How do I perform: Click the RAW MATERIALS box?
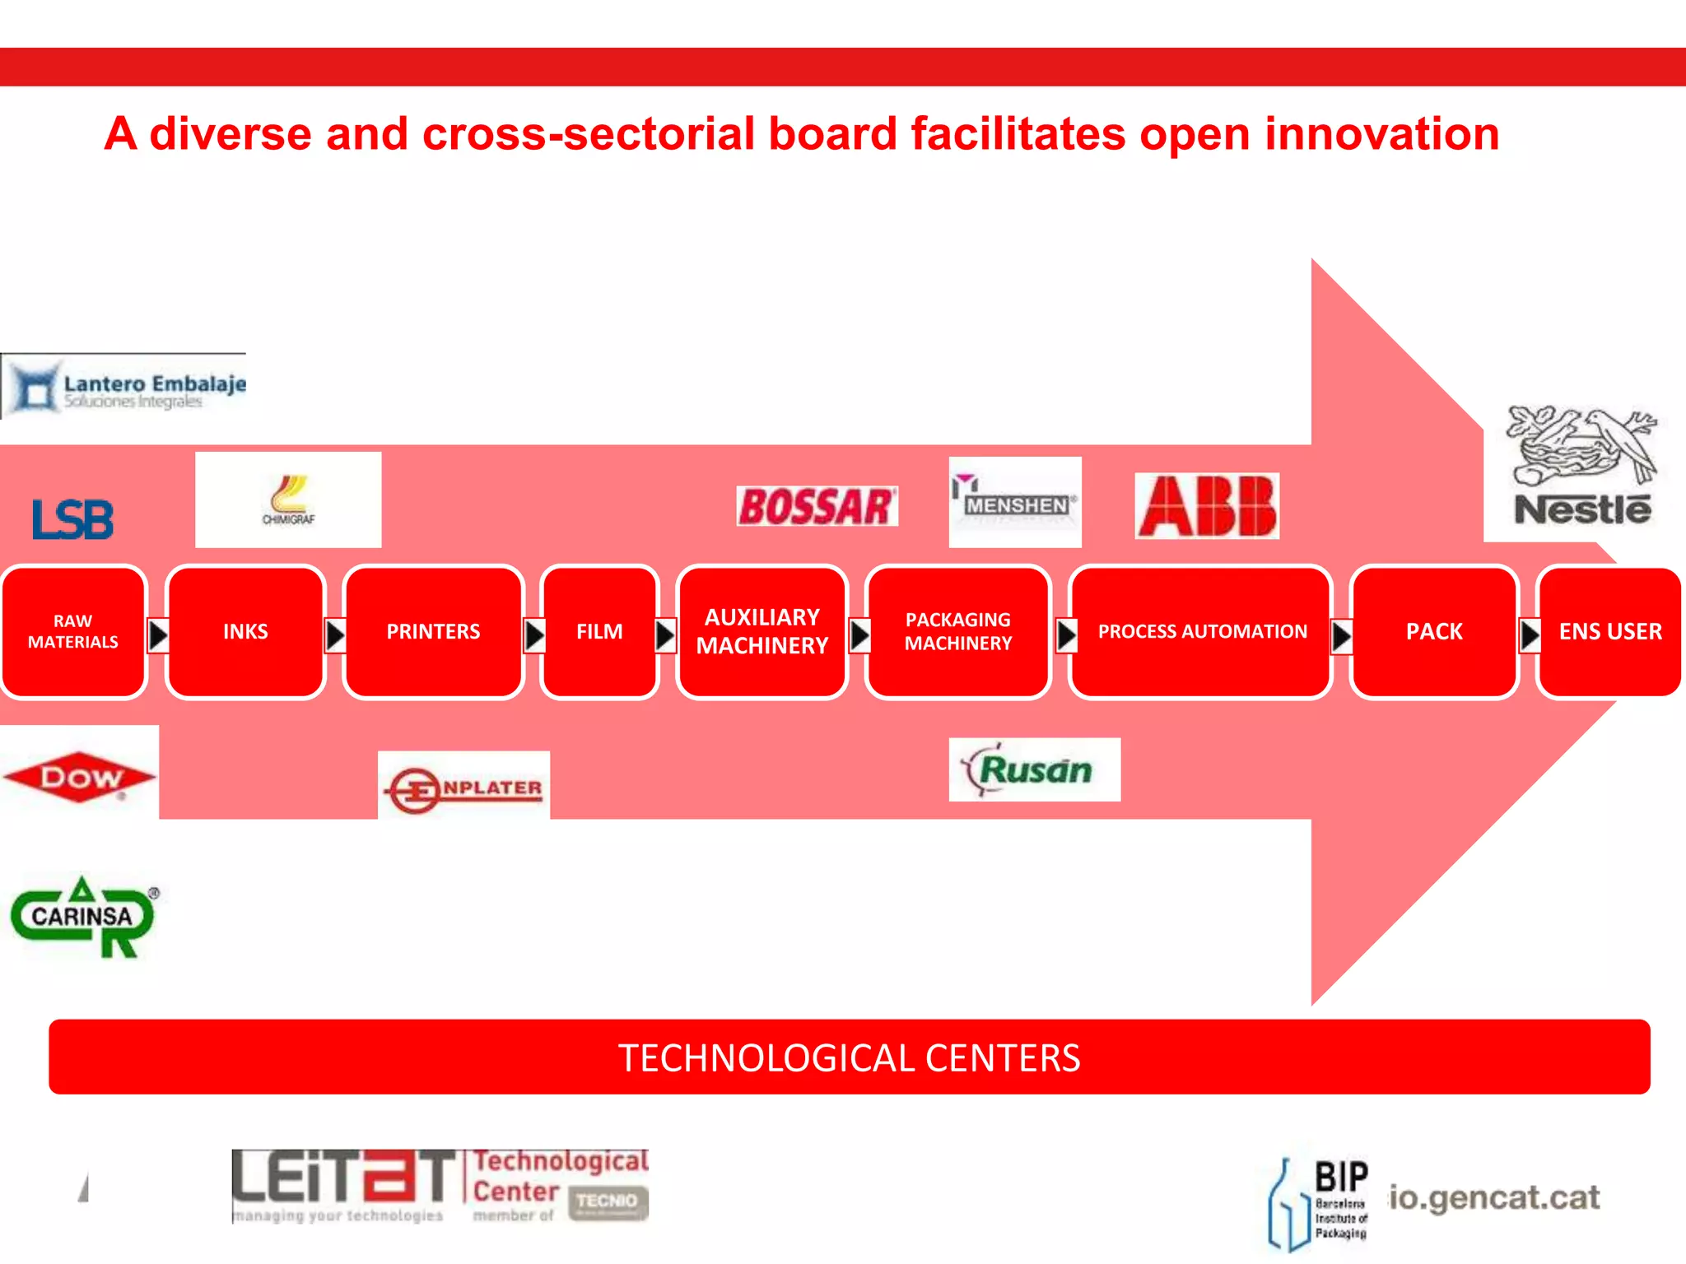73,632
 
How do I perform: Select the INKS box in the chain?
245,632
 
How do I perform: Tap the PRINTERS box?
433,632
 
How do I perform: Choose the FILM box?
599,632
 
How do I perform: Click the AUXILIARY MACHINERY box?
761,632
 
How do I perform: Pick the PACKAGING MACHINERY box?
957,632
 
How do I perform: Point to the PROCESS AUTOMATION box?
1201,632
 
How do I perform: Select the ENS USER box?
1609,632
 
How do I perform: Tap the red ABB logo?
1207,506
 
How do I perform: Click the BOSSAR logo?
817,506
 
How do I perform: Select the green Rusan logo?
1034,769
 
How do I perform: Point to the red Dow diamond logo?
79,776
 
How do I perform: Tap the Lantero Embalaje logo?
123,387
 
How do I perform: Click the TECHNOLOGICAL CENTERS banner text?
849,1057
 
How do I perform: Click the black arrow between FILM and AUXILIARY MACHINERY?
665,634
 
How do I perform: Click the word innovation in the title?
1381,134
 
